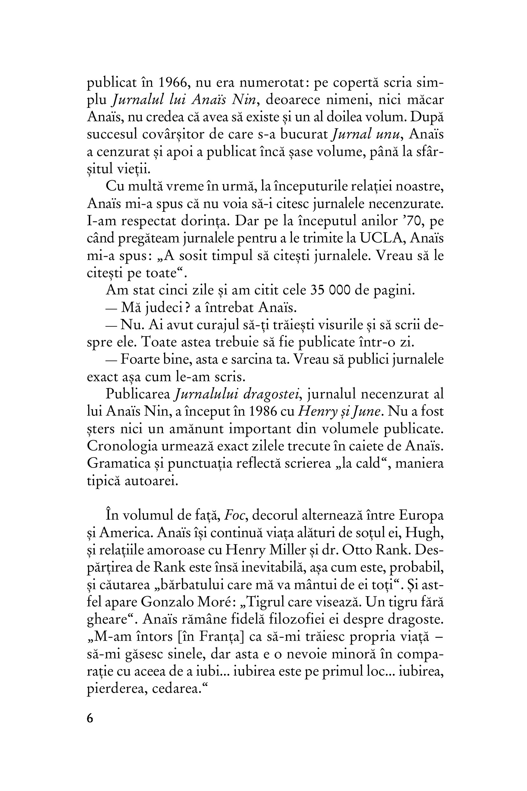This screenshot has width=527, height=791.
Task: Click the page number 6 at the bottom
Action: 90,718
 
